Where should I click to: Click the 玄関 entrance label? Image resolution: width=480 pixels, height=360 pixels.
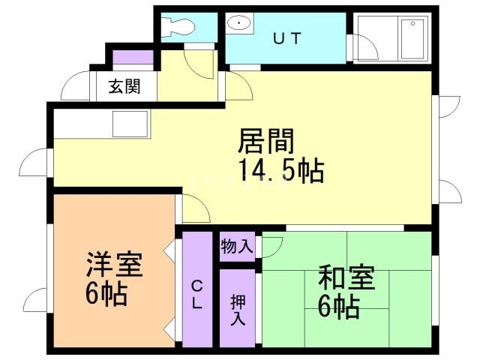[x=124, y=86]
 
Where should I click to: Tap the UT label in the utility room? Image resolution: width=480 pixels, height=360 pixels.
[x=286, y=38]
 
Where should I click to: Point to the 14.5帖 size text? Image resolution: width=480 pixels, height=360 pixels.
[x=281, y=171]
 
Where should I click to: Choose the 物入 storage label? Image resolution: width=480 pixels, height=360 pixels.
[x=237, y=245]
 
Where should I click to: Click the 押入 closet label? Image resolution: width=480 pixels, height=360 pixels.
[x=238, y=308]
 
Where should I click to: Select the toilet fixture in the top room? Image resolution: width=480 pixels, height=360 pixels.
[x=178, y=28]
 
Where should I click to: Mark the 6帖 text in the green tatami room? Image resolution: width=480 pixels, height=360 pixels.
[x=338, y=305]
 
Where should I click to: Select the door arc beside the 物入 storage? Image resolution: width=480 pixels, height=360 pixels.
[x=272, y=244]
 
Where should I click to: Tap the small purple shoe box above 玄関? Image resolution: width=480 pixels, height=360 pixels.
[x=133, y=56]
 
